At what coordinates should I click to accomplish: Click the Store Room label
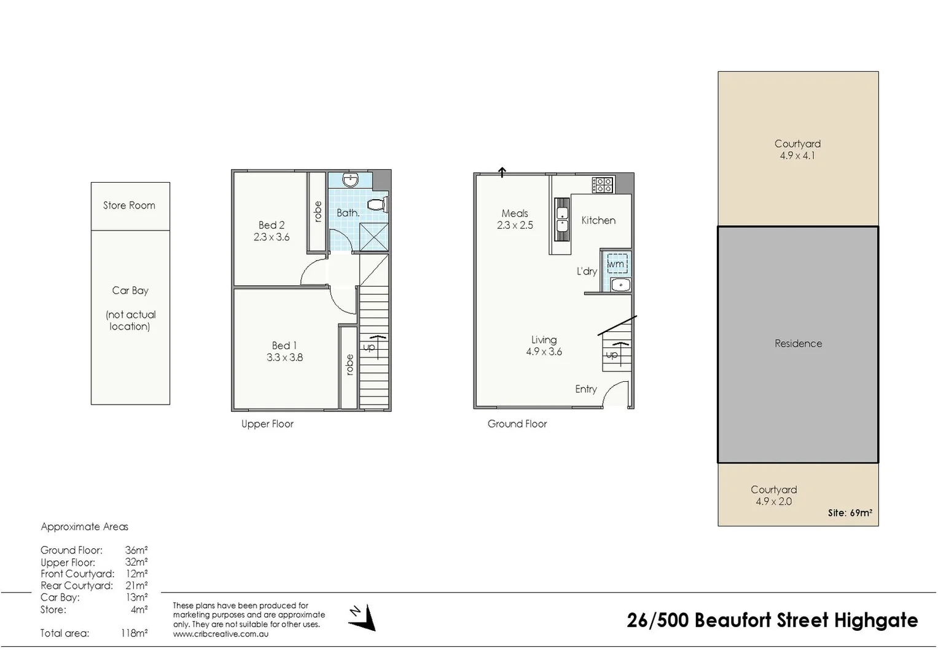pos(129,205)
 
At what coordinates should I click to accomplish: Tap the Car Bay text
pos(130,290)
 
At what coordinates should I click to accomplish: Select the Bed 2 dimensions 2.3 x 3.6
pos(272,237)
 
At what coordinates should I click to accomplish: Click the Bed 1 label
pos(284,346)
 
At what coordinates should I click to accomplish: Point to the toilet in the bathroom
pos(375,204)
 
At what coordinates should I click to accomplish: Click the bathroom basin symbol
pos(351,180)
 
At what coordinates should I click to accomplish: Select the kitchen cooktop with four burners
pos(603,184)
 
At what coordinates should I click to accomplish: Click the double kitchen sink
pos(561,219)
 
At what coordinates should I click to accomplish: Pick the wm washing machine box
pos(617,264)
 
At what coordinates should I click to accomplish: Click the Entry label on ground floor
pos(586,389)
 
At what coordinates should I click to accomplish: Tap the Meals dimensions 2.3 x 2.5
pos(515,226)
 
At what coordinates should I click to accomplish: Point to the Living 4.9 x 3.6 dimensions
pos(544,352)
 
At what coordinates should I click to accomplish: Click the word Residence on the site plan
pos(798,344)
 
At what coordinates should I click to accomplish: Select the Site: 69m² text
pos(850,513)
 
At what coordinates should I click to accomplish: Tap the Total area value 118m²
pos(134,633)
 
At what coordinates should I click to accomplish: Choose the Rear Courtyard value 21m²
pos(136,586)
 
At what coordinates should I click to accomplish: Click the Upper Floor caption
pos(267,424)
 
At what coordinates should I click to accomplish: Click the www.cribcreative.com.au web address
pos(221,634)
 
